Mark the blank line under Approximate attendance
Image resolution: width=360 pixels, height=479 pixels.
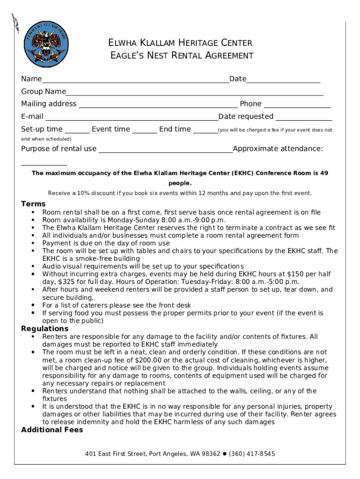(44, 165)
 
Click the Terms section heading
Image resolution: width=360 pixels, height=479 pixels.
(33, 204)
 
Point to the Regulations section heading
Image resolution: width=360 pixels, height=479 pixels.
(45, 329)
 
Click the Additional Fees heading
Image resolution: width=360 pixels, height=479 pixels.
(52, 430)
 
